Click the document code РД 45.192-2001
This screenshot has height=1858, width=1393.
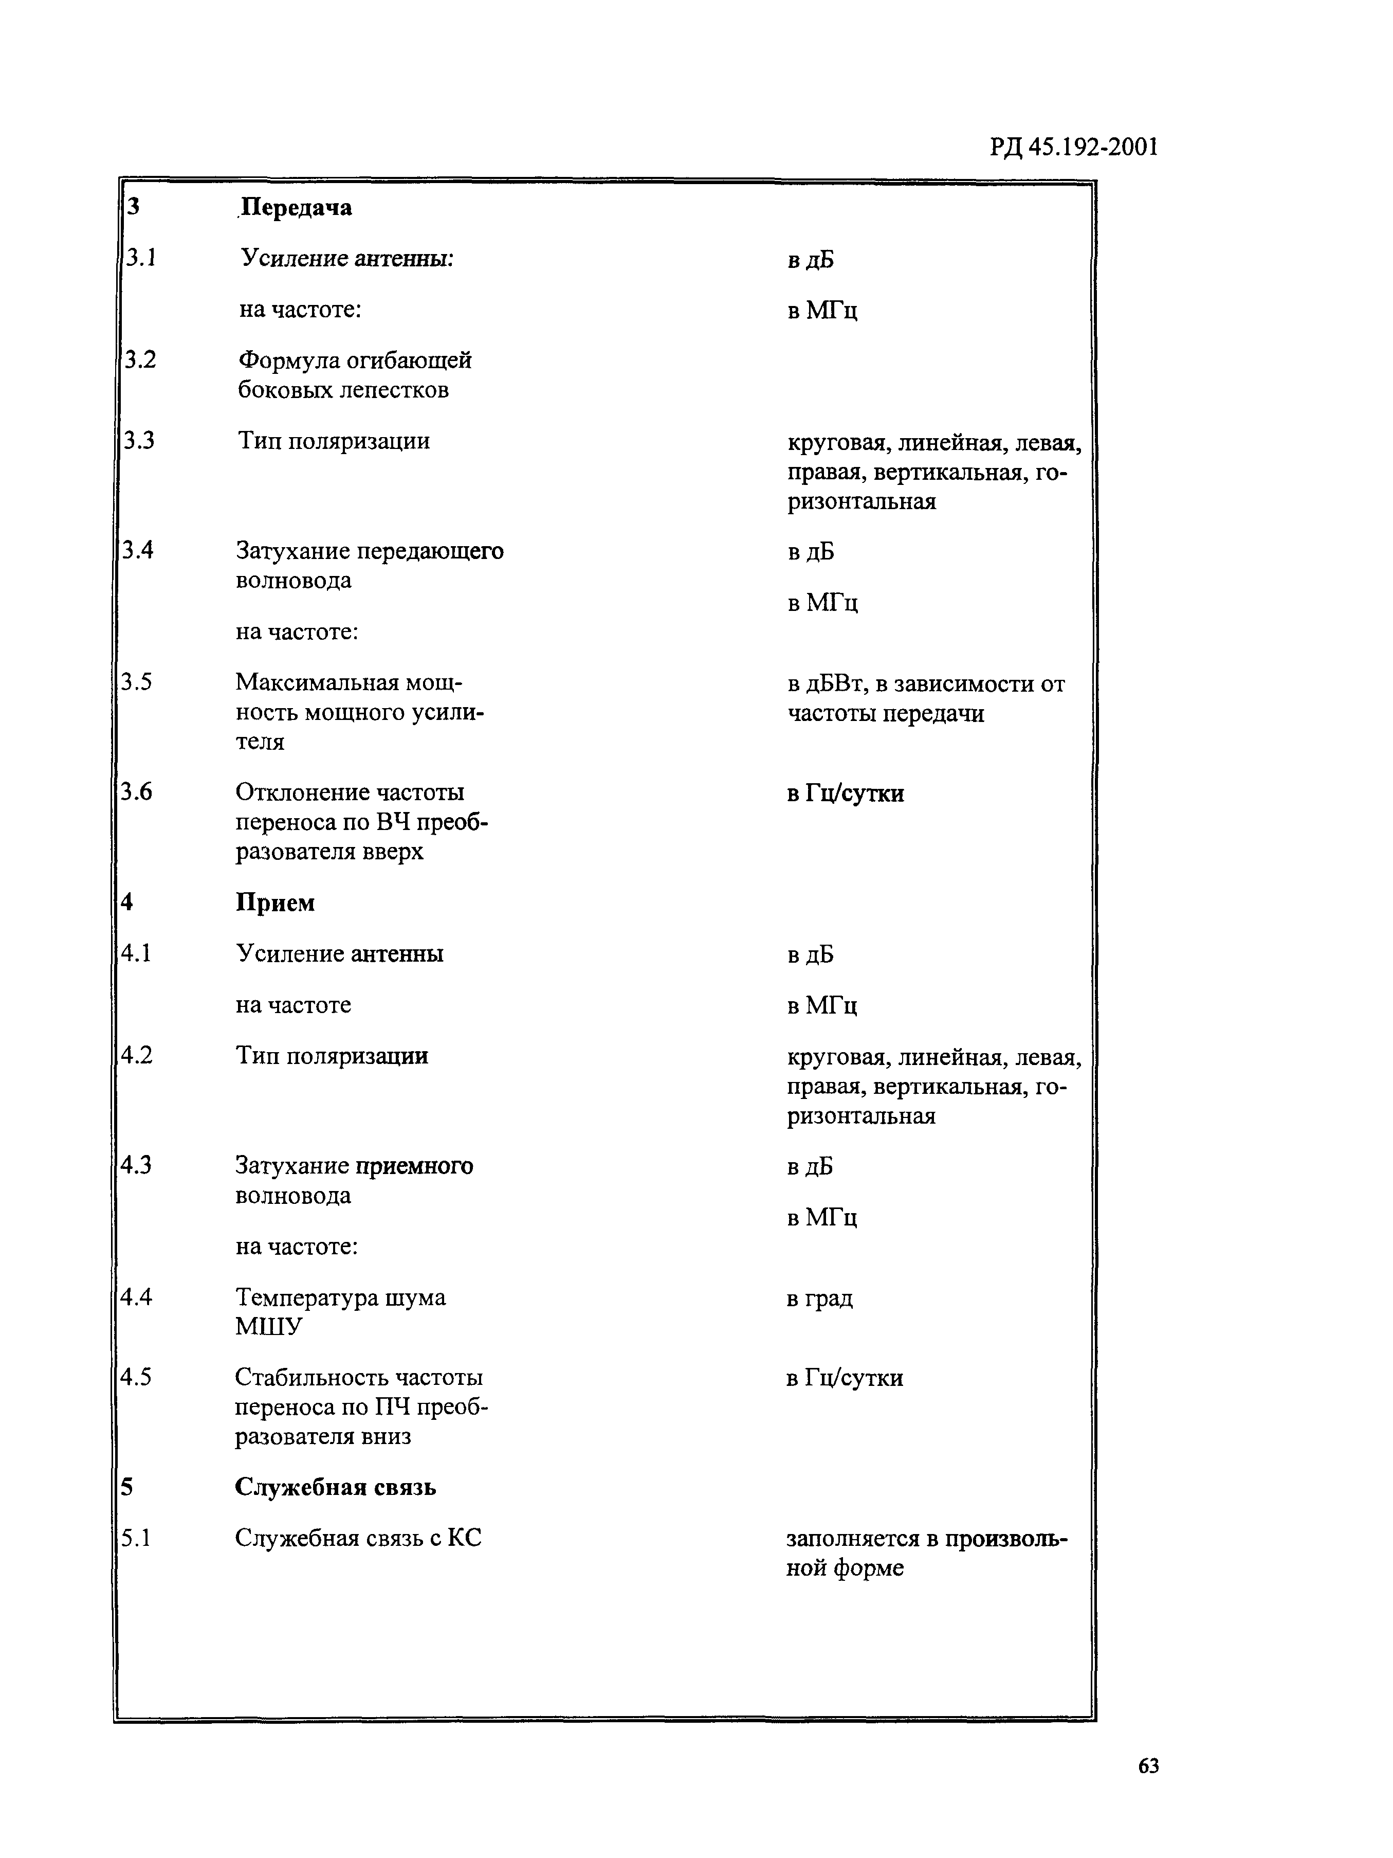(1073, 148)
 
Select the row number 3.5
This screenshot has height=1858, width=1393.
(136, 682)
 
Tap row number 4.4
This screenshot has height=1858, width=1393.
(136, 1297)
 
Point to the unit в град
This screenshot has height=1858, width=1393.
(819, 1298)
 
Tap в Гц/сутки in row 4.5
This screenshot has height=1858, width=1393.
(845, 1378)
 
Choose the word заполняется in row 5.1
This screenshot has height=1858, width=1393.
(852, 1539)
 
